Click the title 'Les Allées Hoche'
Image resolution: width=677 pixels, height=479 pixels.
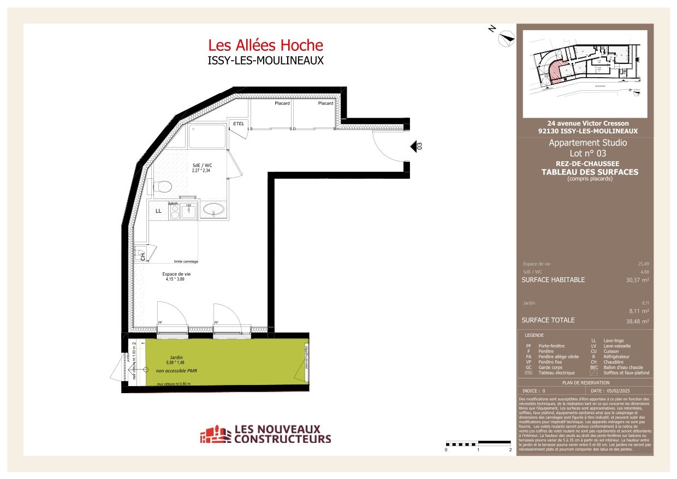point(265,45)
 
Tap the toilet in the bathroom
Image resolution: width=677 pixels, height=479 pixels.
point(163,186)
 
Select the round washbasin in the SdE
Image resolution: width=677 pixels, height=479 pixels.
point(211,209)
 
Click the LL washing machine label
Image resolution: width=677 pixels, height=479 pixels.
point(158,211)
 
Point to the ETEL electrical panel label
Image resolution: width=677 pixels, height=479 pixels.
point(238,124)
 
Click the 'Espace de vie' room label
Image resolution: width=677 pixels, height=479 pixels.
point(176,274)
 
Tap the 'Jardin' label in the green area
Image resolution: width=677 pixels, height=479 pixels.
point(176,357)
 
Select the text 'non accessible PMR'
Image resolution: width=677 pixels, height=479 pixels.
point(176,371)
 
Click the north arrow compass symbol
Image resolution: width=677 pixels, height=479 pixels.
point(507,36)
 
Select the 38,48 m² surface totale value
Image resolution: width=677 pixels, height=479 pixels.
point(637,321)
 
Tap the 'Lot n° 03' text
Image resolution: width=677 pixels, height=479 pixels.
point(587,154)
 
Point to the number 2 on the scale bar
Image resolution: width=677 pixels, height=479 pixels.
point(510,450)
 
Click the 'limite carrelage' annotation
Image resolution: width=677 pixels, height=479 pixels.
point(186,261)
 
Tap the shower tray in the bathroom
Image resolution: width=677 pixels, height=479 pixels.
point(207,137)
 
